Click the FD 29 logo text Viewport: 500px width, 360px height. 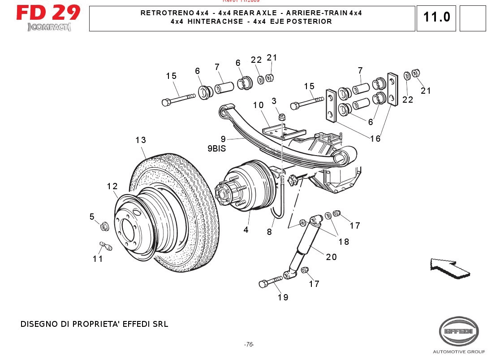(x=48, y=13)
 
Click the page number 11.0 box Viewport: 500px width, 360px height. (x=436, y=18)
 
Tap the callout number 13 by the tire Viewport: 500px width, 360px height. (x=141, y=140)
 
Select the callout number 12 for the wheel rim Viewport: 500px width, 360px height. (x=112, y=186)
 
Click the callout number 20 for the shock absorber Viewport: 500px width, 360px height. (x=331, y=257)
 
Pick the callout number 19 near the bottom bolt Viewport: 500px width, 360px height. (x=283, y=297)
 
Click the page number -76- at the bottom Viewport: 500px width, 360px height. (x=249, y=344)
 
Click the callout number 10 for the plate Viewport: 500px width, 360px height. (x=258, y=105)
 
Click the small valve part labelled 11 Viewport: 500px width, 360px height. (x=106, y=246)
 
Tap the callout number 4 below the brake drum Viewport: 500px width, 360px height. (x=246, y=230)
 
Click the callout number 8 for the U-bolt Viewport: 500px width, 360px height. (x=269, y=232)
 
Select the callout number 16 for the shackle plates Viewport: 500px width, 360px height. (x=375, y=139)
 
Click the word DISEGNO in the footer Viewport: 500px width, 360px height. (x=37, y=324)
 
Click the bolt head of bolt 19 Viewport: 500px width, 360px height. (x=263, y=284)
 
